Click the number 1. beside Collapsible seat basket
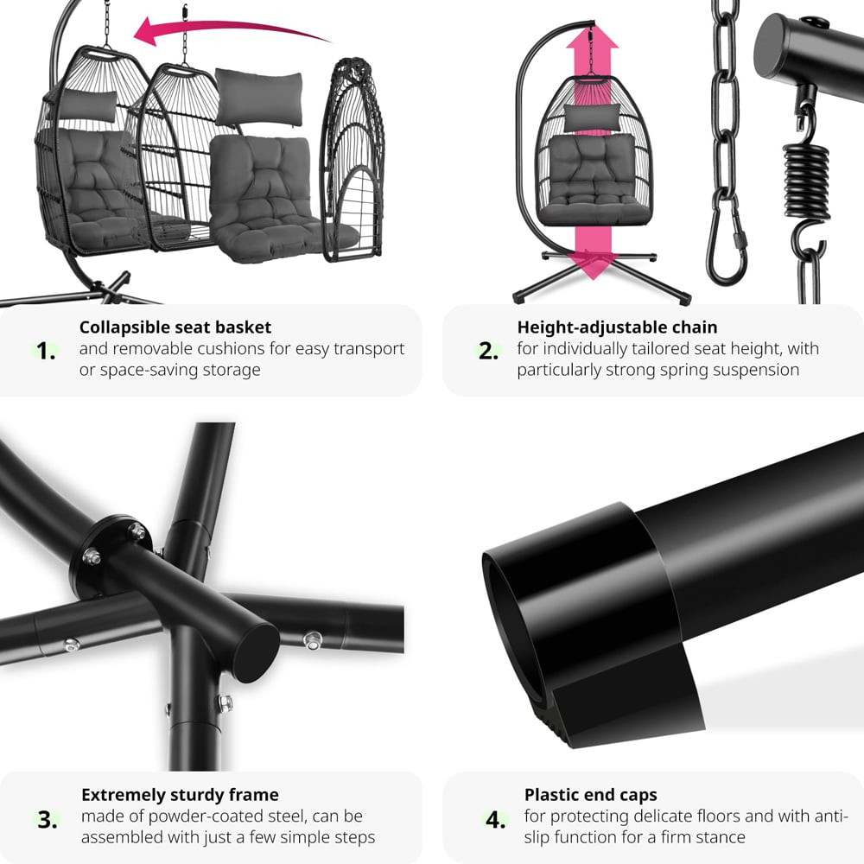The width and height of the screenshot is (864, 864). click(46, 351)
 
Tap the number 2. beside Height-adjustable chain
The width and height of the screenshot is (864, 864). click(488, 351)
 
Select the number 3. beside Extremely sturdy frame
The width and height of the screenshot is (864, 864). click(48, 820)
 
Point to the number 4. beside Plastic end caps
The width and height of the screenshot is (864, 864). click(495, 820)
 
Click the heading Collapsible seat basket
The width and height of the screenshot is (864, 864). click(175, 327)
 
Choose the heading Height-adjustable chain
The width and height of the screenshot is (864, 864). click(617, 327)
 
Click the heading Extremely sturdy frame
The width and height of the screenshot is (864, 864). click(181, 795)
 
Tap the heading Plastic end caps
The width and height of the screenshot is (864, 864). click(591, 795)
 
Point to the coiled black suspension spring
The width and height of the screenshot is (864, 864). click(806, 181)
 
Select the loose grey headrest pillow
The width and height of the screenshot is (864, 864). click(259, 98)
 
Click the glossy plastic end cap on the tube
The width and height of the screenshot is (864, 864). click(589, 623)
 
